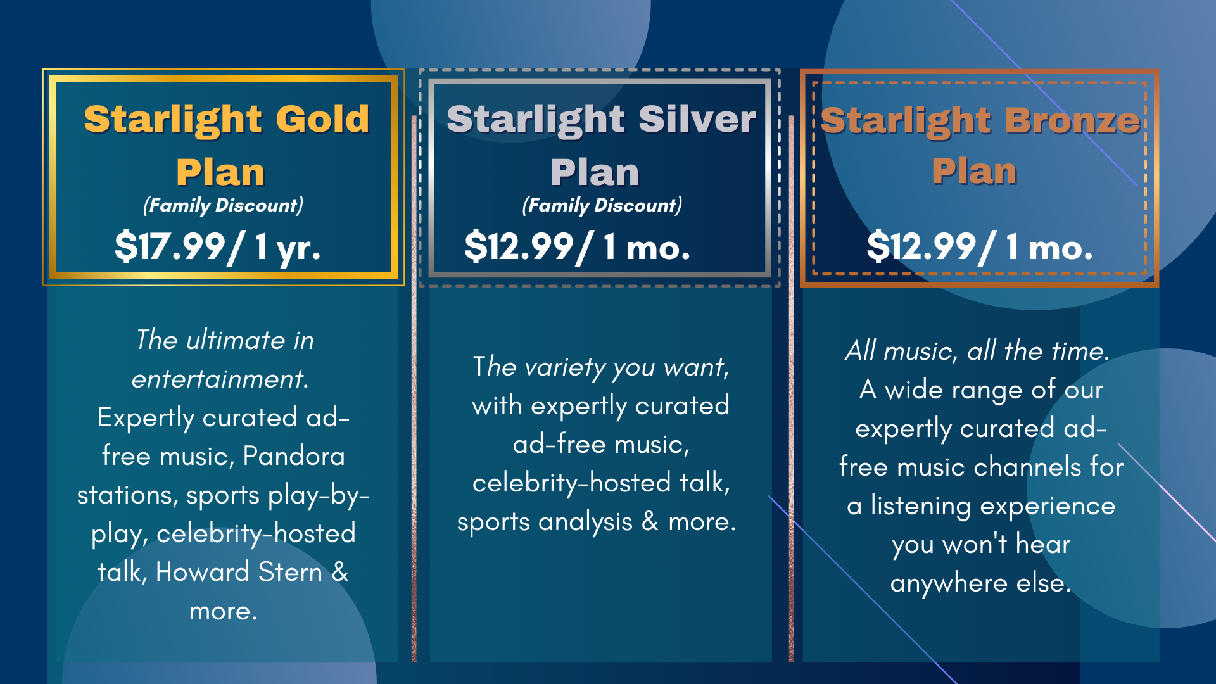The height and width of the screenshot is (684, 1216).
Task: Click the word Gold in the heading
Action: coord(322,118)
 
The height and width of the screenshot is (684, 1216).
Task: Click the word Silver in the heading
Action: coord(697,118)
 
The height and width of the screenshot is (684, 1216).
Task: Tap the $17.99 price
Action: coord(170,246)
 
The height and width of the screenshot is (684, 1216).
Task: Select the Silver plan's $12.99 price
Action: coord(519,246)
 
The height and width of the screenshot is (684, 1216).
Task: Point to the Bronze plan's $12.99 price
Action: coord(921,246)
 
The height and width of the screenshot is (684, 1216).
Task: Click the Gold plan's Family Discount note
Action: coord(223,205)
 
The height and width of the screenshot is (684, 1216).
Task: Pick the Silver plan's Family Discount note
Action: coord(602,205)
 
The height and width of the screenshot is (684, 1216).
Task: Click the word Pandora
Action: coord(294,456)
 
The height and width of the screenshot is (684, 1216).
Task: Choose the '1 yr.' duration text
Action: coord(288,247)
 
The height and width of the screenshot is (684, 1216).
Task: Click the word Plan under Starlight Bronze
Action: coord(974,172)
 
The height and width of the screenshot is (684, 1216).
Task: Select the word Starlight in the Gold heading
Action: coord(173,120)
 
